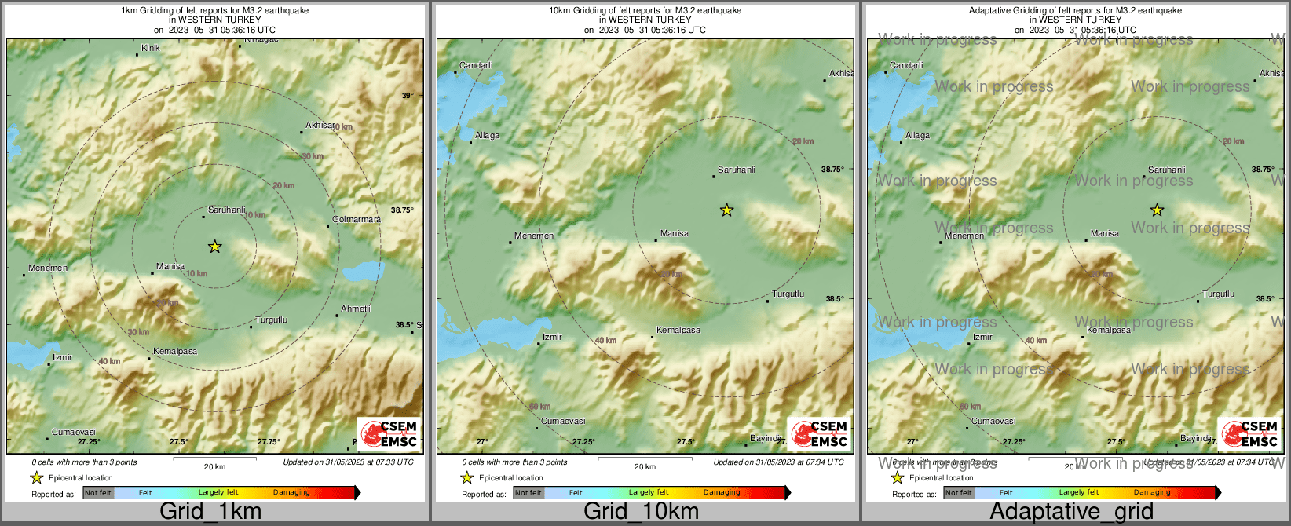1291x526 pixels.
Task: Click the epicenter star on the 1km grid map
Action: pyautogui.click(x=214, y=247)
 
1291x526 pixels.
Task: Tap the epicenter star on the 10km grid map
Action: pyautogui.click(x=726, y=210)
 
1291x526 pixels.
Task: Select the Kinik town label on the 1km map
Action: pyautogui.click(x=150, y=49)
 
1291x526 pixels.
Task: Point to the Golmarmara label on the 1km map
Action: pyautogui.click(x=356, y=220)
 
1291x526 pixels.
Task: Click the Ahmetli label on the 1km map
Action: pyautogui.click(x=355, y=309)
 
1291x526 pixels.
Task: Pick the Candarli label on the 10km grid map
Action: pyautogui.click(x=476, y=66)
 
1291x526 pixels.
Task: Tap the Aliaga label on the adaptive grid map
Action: pyautogui.click(x=917, y=136)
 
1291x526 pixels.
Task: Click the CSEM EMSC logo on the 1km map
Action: pyautogui.click(x=389, y=433)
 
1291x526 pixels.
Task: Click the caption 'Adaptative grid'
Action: pyautogui.click(x=1071, y=511)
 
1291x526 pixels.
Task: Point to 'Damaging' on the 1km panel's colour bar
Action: pyautogui.click(x=291, y=493)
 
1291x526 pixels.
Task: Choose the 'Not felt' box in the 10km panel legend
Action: pyautogui.click(x=528, y=493)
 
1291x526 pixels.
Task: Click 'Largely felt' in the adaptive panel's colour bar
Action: pyautogui.click(x=1078, y=493)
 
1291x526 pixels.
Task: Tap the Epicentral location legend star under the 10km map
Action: pyautogui.click(x=466, y=477)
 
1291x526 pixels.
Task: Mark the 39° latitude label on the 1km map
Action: pyautogui.click(x=408, y=96)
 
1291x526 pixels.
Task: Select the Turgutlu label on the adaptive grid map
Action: pyautogui.click(x=1219, y=294)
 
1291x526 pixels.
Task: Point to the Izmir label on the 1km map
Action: pyautogui.click(x=62, y=358)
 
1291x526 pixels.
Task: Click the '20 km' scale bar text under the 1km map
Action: pyautogui.click(x=214, y=467)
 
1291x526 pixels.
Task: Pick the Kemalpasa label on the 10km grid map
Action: pyautogui.click(x=678, y=331)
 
